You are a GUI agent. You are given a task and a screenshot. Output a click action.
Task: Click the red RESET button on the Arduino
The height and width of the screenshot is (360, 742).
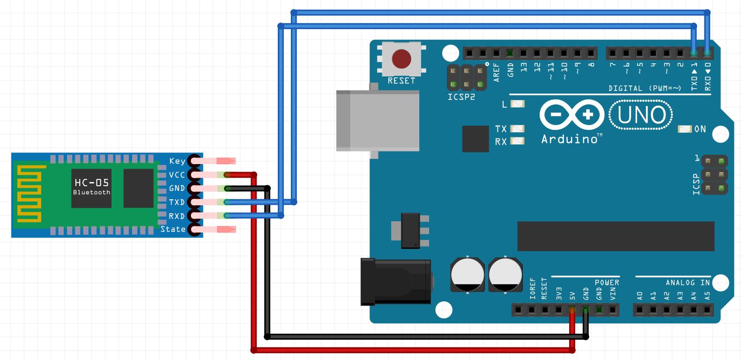pyautogui.click(x=401, y=60)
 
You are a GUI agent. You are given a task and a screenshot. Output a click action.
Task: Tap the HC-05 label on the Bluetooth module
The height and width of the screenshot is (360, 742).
pyautogui.click(x=91, y=183)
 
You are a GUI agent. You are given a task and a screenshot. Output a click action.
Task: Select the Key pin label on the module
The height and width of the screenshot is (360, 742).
pyautogui.click(x=177, y=161)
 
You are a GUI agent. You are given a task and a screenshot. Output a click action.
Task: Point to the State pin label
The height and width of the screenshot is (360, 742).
pyautogui.click(x=173, y=229)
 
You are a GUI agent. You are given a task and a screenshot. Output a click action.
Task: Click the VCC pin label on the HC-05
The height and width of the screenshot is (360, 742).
pyautogui.click(x=177, y=175)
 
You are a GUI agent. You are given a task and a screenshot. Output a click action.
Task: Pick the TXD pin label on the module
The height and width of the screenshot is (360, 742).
pyautogui.click(x=177, y=202)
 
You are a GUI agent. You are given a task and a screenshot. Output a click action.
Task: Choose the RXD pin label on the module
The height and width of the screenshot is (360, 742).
pyautogui.click(x=177, y=216)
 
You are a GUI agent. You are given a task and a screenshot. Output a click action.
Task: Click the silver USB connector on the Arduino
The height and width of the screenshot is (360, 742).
pyautogui.click(x=377, y=121)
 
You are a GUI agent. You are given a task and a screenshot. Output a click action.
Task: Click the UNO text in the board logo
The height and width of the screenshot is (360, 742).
pyautogui.click(x=641, y=115)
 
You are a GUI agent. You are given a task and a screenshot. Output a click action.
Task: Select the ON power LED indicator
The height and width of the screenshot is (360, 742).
pyautogui.click(x=685, y=129)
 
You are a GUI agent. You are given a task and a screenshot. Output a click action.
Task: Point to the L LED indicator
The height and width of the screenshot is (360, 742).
pyautogui.click(x=517, y=104)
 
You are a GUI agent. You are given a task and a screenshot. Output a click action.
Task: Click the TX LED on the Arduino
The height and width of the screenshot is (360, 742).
pyautogui.click(x=517, y=128)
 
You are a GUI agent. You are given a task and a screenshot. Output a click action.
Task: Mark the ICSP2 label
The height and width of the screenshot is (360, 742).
pyautogui.click(x=461, y=97)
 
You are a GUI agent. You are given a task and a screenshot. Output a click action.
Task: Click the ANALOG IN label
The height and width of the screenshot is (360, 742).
pyautogui.click(x=688, y=283)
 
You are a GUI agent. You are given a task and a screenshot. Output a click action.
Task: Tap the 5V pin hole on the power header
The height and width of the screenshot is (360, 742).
pyautogui.click(x=572, y=310)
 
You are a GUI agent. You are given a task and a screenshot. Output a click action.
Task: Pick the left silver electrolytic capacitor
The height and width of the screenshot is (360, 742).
pyautogui.click(x=467, y=275)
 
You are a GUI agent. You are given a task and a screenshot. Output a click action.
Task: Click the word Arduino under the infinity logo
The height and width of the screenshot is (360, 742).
pyautogui.click(x=569, y=139)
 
